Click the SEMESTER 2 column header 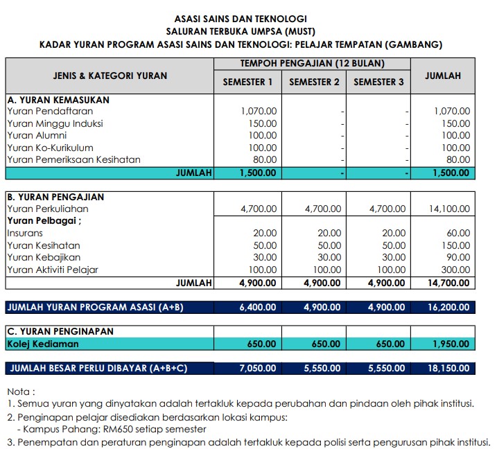click(314, 82)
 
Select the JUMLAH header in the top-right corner click(443, 76)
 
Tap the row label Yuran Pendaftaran click(50, 111)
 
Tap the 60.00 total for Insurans click(457, 233)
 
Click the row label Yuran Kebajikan click(43, 258)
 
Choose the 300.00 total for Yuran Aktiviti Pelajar click(455, 270)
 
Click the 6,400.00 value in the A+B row click(257, 307)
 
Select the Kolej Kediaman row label click(43, 344)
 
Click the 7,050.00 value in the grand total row click(257, 369)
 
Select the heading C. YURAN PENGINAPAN click(60, 331)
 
